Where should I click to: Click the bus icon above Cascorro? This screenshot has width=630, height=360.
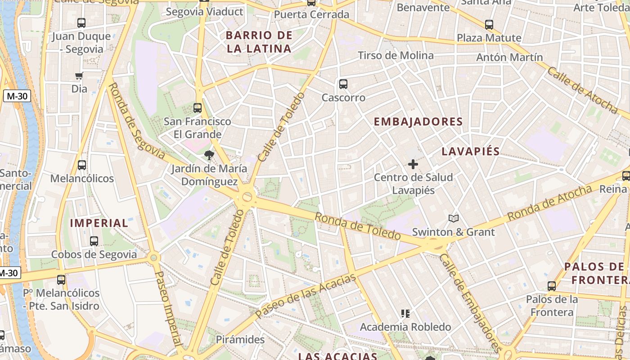click(343, 84)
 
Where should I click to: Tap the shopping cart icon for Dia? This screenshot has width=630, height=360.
click(79, 76)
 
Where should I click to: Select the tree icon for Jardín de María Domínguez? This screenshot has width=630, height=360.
click(209, 156)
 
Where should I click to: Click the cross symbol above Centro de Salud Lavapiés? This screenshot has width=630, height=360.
click(413, 164)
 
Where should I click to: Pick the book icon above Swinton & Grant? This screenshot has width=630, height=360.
click(454, 219)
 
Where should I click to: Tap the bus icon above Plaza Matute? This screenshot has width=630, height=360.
click(489, 25)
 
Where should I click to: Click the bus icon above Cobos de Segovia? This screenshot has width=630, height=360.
click(94, 241)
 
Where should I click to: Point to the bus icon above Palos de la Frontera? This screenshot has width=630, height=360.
click(552, 286)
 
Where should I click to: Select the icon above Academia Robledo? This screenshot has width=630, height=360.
click(405, 314)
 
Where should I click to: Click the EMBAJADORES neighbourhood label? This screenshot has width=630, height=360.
click(418, 121)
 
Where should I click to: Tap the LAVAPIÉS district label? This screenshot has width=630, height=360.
click(471, 151)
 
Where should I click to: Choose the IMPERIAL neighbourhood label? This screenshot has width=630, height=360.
click(99, 223)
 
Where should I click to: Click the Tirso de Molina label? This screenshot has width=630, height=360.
click(396, 55)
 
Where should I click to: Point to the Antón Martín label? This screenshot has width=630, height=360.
click(509, 57)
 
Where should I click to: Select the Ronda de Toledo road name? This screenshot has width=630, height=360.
click(357, 226)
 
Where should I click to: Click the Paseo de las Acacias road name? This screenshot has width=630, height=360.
click(306, 296)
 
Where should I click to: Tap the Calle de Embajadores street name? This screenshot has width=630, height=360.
click(470, 303)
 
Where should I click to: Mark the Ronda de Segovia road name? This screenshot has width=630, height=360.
click(137, 120)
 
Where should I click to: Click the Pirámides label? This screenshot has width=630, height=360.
click(240, 339)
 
